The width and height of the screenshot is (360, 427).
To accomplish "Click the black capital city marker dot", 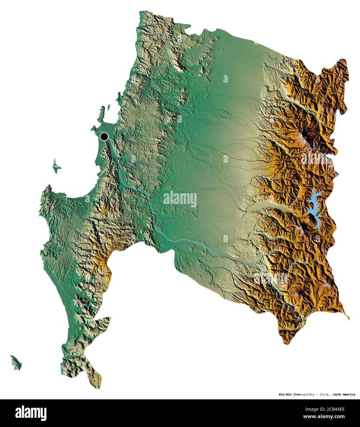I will click(x=104, y=136).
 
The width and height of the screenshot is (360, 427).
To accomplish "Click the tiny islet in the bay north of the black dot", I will click(x=108, y=108).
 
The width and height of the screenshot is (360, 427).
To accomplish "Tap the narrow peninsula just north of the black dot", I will click(x=101, y=115).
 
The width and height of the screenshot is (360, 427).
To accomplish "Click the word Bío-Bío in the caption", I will click(x=285, y=394).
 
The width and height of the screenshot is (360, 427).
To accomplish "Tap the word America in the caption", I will click(x=350, y=394).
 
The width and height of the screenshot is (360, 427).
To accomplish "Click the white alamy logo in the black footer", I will click(x=31, y=412).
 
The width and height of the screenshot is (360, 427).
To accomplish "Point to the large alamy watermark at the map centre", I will click(x=180, y=199).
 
